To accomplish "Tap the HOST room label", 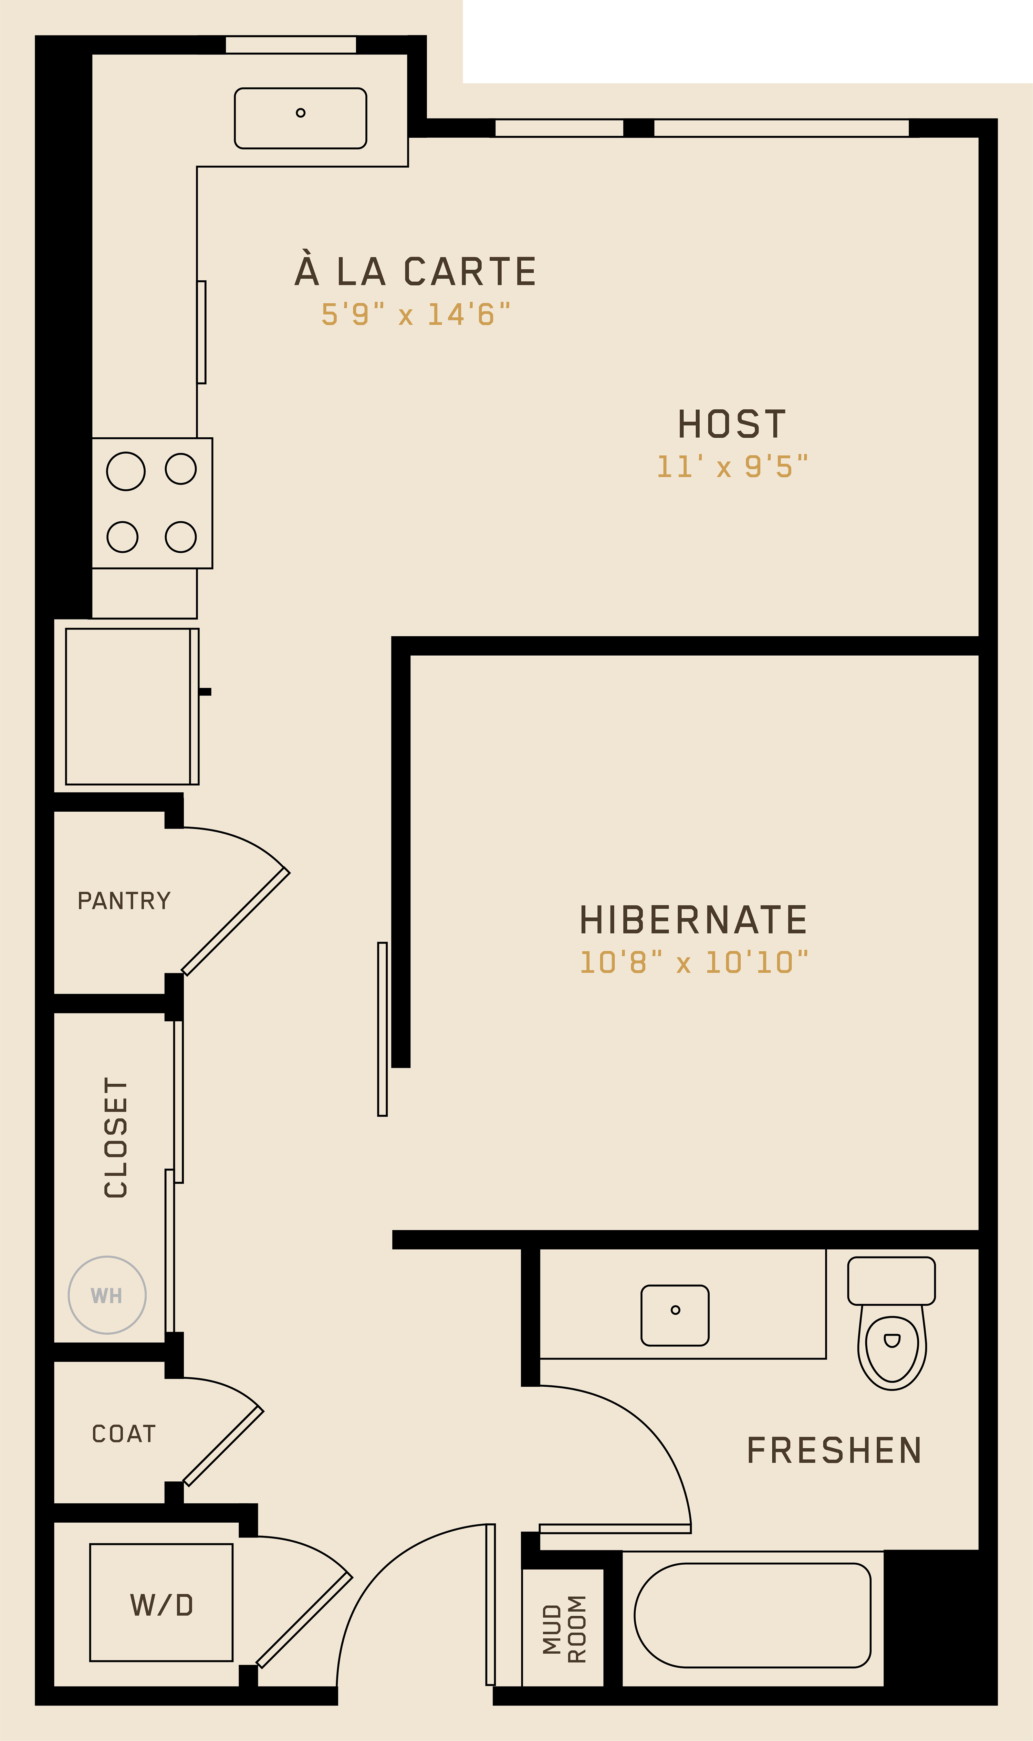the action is click(x=732, y=425).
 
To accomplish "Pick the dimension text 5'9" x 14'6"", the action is click(x=416, y=314).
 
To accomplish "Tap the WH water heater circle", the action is click(x=107, y=1295).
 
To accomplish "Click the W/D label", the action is click(x=161, y=1605).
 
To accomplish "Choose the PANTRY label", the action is click(x=124, y=901).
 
